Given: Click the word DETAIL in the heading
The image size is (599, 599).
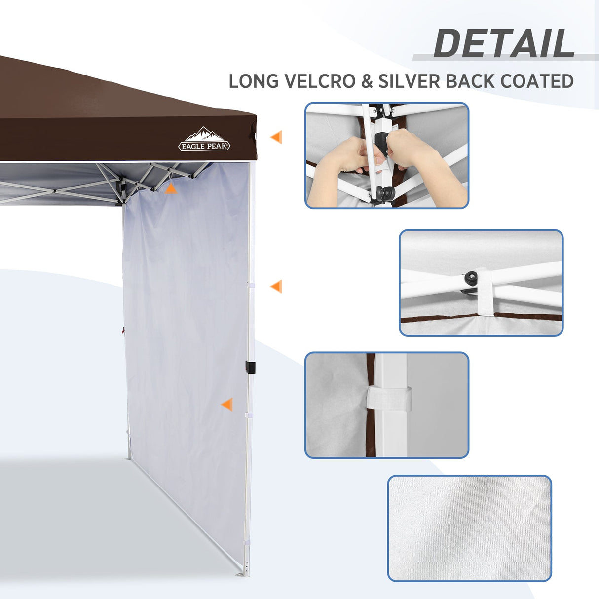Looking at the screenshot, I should coord(504,44).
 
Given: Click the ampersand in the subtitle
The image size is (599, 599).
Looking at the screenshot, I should coord(367,81).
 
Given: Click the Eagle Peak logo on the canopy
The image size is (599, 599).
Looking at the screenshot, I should coord(204,140).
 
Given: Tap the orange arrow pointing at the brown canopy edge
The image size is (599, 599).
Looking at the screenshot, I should coord(276,137).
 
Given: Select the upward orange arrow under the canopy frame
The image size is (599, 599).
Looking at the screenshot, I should coord(170,188).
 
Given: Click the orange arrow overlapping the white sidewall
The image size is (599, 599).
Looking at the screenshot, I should coord(227,405).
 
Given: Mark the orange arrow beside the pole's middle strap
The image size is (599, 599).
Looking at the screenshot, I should coord(276,286).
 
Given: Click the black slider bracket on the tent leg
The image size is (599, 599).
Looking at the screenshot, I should coord(250,367).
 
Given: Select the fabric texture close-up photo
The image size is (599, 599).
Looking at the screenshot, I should coord(469,528).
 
